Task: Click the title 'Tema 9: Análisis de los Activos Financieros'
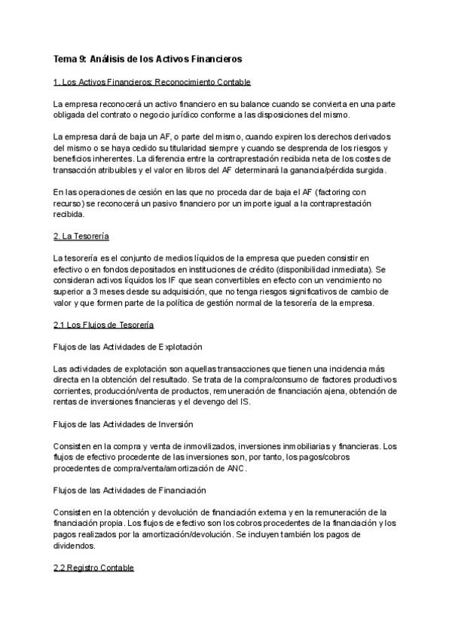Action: tap(148, 58)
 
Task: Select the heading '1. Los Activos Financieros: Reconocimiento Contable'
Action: tap(152, 81)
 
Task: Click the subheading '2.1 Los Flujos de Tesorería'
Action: tap(103, 325)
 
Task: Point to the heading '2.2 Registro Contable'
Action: tap(93, 567)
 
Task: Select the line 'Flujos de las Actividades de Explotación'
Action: tap(128, 347)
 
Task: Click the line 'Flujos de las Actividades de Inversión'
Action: tap(124, 424)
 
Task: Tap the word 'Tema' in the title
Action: tap(66, 58)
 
